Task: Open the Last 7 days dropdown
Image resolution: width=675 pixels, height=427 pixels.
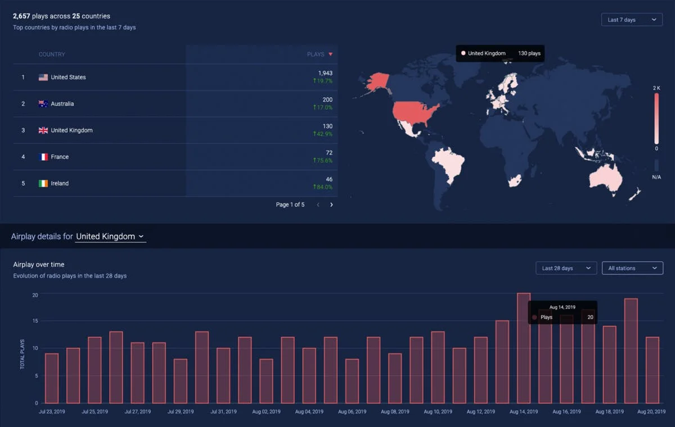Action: [632, 20]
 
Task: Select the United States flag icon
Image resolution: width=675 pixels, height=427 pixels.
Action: [43, 78]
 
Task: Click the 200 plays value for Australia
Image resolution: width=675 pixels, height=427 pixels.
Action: [327, 99]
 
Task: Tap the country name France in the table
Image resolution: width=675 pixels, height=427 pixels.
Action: [60, 157]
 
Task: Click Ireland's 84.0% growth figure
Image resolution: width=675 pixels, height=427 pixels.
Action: [323, 187]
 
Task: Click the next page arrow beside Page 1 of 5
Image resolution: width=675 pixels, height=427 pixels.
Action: [331, 205]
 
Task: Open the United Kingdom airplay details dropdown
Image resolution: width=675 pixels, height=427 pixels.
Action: [110, 237]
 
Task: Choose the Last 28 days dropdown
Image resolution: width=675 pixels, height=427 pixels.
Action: [566, 268]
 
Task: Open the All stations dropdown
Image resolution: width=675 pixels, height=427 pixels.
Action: [632, 268]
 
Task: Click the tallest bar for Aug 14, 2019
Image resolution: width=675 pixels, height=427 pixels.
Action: [523, 348]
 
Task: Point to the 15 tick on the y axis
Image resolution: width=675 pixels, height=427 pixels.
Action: [35, 321]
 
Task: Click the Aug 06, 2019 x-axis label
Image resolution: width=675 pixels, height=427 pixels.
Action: [352, 412]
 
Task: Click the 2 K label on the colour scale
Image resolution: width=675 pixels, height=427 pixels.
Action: [656, 88]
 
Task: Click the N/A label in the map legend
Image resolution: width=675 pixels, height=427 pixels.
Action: [656, 177]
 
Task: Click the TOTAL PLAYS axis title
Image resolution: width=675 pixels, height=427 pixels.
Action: [22, 354]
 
